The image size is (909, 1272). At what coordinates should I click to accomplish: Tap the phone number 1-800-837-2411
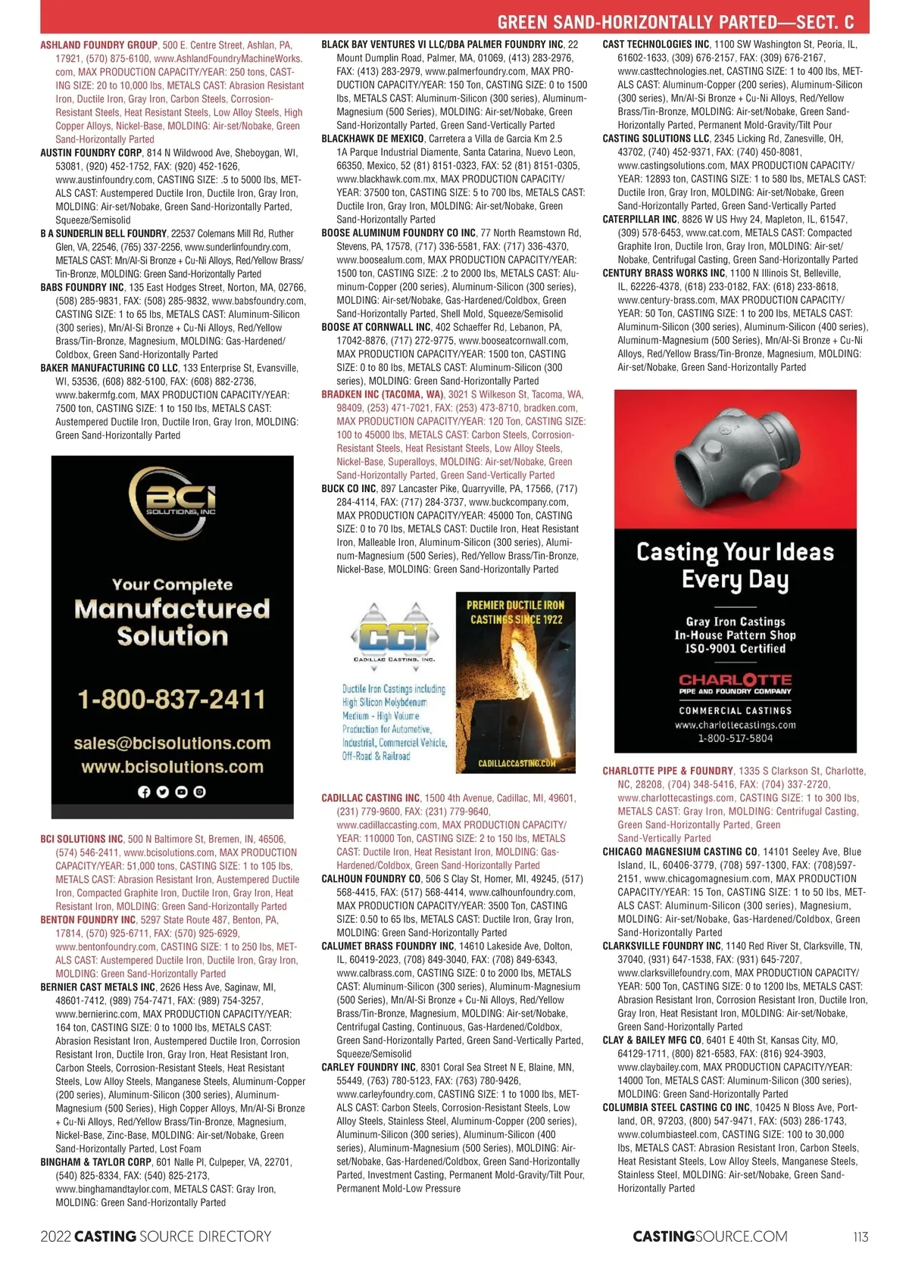(x=172, y=699)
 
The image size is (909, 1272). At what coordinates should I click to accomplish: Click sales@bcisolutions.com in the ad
(x=172, y=743)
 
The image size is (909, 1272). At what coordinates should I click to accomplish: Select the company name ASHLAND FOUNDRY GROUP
(x=98, y=45)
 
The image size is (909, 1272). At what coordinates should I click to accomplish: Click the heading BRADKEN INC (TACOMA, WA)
(x=383, y=394)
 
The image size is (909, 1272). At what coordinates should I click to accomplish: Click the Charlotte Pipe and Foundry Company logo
(x=735, y=684)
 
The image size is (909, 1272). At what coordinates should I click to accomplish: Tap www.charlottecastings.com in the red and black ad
(x=735, y=725)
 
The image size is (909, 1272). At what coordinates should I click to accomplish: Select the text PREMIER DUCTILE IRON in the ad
(x=515, y=605)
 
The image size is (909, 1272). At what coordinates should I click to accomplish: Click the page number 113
(x=861, y=1236)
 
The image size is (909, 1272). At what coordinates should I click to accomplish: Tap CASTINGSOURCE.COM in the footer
(x=710, y=1236)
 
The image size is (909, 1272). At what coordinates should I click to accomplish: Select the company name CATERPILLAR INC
(x=640, y=220)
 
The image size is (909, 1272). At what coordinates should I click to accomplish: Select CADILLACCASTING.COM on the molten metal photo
(x=517, y=763)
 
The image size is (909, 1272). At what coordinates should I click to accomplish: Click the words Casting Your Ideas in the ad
(x=735, y=552)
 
